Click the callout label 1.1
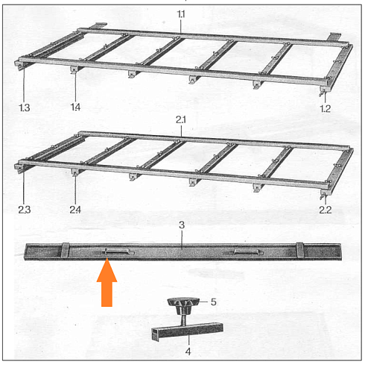pyautogui.click(x=181, y=14)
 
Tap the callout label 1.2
pyautogui.click(x=325, y=108)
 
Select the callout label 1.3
pyautogui.click(x=25, y=107)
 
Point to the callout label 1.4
pyautogui.click(x=75, y=107)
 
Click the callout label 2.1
pyautogui.click(x=181, y=119)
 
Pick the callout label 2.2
pyautogui.click(x=325, y=210)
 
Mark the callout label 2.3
pyautogui.click(x=25, y=210)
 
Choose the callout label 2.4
pyautogui.click(x=75, y=210)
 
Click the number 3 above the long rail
pyautogui.click(x=182, y=225)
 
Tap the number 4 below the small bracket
pyautogui.click(x=188, y=352)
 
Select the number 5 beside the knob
pyautogui.click(x=214, y=302)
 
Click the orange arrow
pyautogui.click(x=107, y=282)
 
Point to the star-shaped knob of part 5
pyautogui.click(x=183, y=306)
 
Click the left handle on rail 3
pyautogui.click(x=118, y=252)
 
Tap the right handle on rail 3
pyautogui.click(x=246, y=252)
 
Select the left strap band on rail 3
pyautogui.click(x=65, y=252)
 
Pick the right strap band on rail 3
pyautogui.click(x=299, y=251)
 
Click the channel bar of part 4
pyautogui.click(x=188, y=331)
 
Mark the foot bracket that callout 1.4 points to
pyautogui.click(x=74, y=70)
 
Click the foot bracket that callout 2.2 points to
pyautogui.click(x=324, y=194)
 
